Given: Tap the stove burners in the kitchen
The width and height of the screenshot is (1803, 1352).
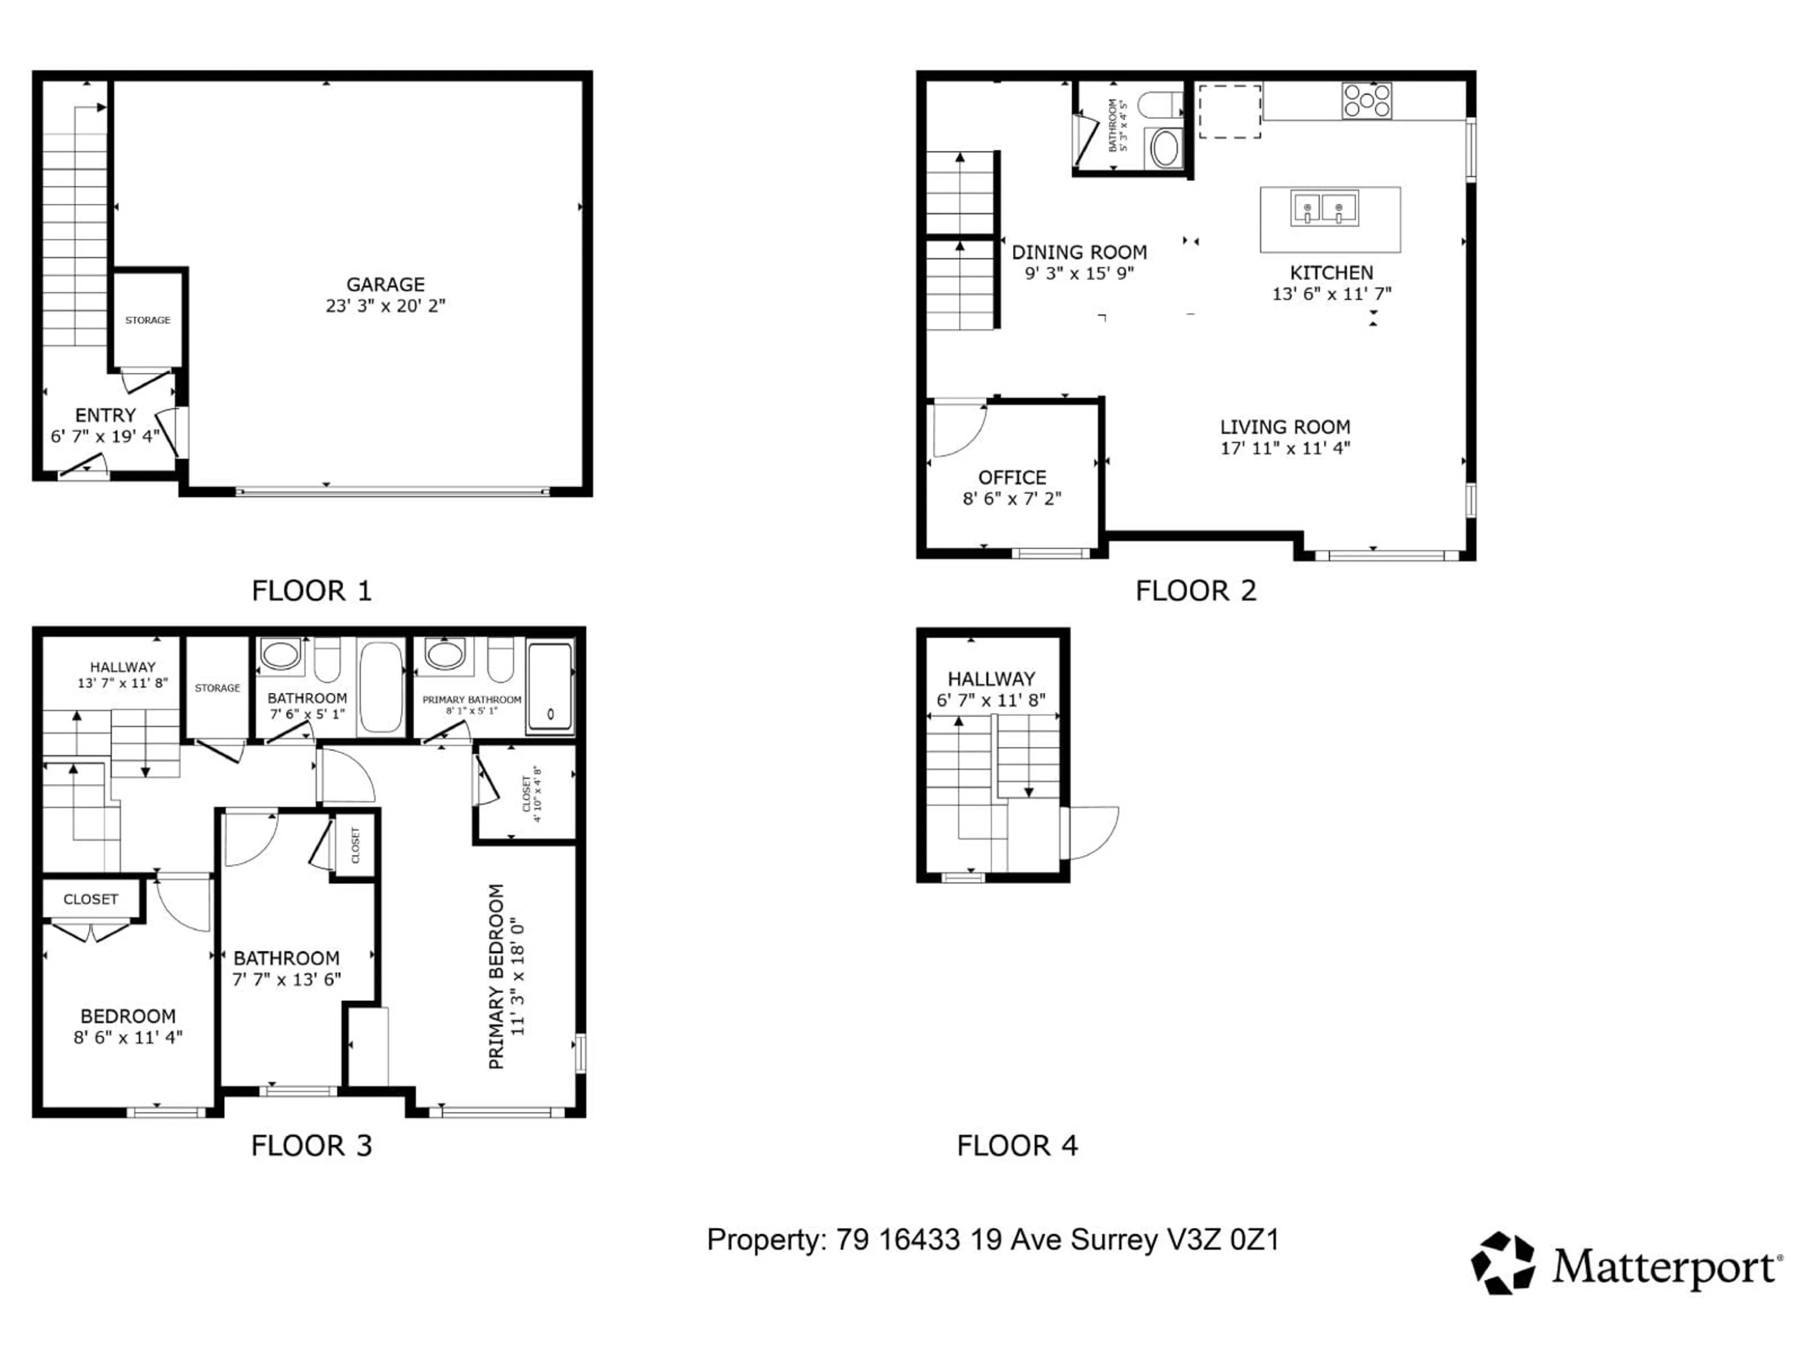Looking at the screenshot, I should (1367, 101).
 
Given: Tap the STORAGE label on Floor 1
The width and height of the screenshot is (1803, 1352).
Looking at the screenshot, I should (147, 320).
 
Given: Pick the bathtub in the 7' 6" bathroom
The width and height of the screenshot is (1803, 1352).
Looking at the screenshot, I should (381, 686).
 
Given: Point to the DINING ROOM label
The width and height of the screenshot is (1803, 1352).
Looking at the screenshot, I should (1079, 253).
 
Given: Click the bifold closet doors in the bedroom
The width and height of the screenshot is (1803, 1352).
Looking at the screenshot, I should (91, 931).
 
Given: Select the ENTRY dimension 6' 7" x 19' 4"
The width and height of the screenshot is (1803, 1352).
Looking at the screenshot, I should (105, 437).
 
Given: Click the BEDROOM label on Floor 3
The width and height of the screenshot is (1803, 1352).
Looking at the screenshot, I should (128, 1016).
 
